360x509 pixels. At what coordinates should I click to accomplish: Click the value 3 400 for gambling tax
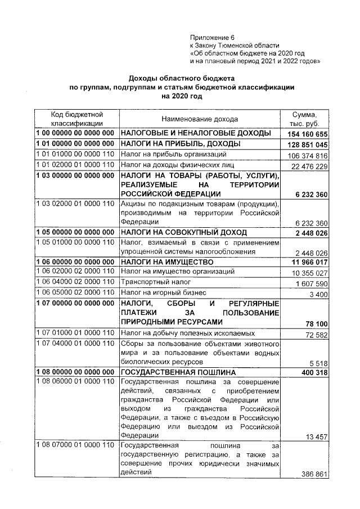click(x=319, y=293)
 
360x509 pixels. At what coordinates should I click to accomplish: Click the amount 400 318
click(x=314, y=373)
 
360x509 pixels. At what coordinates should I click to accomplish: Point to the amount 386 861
click(x=314, y=474)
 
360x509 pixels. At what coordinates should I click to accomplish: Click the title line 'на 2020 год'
click(x=181, y=96)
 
